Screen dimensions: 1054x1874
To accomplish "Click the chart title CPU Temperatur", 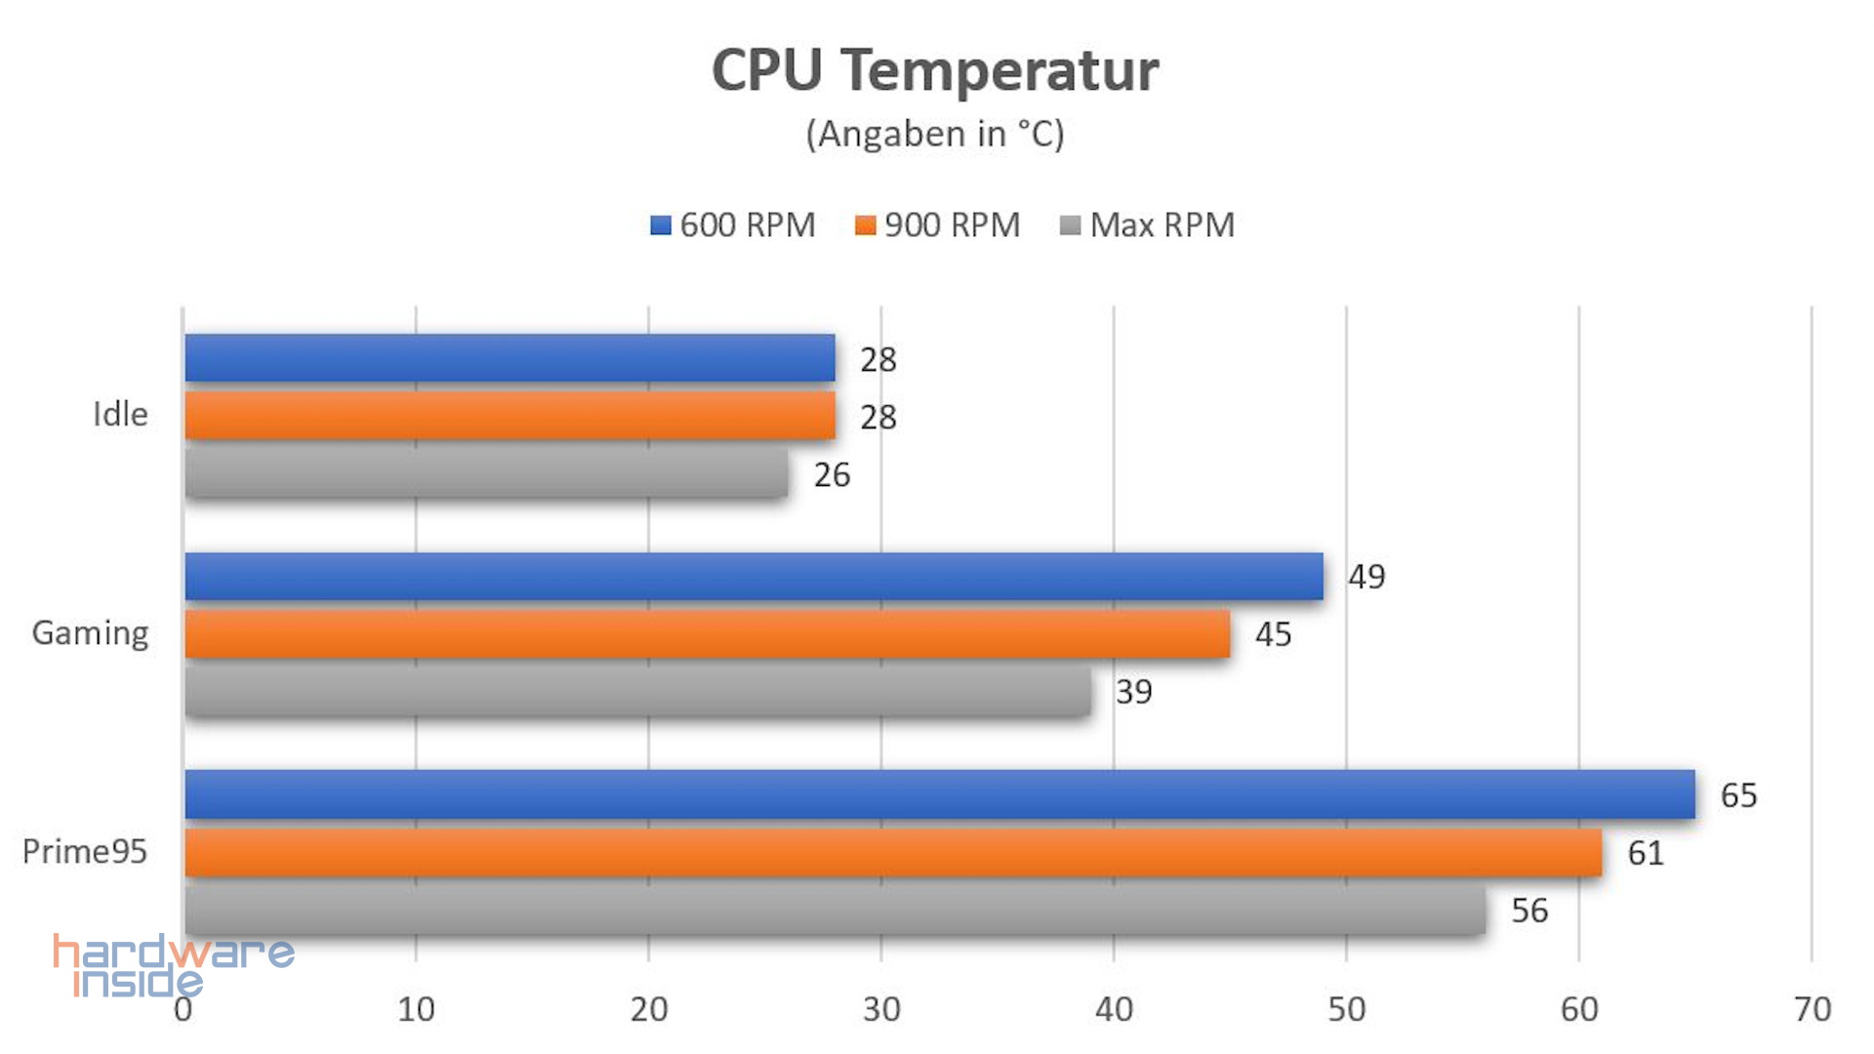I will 935,70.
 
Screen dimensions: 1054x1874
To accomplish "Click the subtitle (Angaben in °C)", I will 935,134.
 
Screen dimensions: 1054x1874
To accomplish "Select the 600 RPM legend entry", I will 733,225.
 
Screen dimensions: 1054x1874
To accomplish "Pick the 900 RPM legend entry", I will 938,225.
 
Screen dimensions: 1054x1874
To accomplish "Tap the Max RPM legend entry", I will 1148,225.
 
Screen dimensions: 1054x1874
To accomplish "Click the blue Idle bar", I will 509,358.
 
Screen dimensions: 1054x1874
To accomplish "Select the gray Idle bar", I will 486,473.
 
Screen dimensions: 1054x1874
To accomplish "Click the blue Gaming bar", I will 754,577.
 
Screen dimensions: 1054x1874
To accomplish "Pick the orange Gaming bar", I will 707,634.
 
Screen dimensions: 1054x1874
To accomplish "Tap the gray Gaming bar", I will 637,692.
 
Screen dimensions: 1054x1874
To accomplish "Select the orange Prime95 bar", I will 893,853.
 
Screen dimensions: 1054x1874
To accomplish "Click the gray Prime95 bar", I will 835,911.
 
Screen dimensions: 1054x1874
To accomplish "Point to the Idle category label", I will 120,415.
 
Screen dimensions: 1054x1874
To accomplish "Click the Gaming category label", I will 90,633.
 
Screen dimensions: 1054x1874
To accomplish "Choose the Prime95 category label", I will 85,852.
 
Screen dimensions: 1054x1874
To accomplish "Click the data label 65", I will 1738,795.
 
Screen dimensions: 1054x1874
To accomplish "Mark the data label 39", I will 1134,692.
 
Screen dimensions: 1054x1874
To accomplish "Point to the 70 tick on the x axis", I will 1813,1009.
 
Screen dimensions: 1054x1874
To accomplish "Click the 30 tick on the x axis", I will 881,1009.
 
